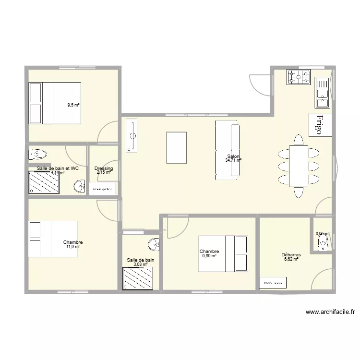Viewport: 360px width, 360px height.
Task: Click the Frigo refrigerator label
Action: point(320,124)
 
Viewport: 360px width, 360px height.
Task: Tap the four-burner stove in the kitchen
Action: point(299,77)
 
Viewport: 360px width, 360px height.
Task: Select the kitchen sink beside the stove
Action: point(322,93)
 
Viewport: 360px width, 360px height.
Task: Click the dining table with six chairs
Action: point(299,166)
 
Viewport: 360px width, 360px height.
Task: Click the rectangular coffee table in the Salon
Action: point(176,148)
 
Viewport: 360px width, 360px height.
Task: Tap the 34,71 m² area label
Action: point(233,160)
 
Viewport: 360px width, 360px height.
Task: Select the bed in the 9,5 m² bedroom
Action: point(55,103)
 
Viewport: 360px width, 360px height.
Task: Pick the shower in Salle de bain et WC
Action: point(44,183)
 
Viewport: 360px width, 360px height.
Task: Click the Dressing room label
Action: point(104,168)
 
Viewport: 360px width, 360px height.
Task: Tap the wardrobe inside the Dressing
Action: point(103,190)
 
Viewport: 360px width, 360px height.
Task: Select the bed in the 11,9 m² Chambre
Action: point(53,239)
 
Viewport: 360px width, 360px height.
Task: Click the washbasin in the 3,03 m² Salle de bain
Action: point(154,244)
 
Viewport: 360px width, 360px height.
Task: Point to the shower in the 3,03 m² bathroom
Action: point(138,279)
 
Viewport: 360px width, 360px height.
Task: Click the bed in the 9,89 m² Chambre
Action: point(223,253)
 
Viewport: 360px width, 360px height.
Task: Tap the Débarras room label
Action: point(291,255)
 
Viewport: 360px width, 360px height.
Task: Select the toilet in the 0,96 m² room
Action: point(323,243)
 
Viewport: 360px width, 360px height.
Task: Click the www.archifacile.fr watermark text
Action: point(331,312)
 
